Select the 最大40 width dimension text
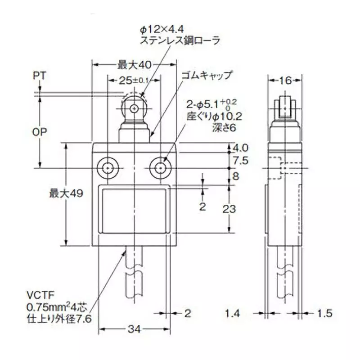pyautogui.click(x=134, y=65)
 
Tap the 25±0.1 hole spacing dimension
pyautogui.click(x=134, y=81)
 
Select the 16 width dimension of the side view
pyautogui.click(x=283, y=81)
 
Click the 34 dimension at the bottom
pyautogui.click(x=133, y=330)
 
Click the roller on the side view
pyautogui.click(x=283, y=107)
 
